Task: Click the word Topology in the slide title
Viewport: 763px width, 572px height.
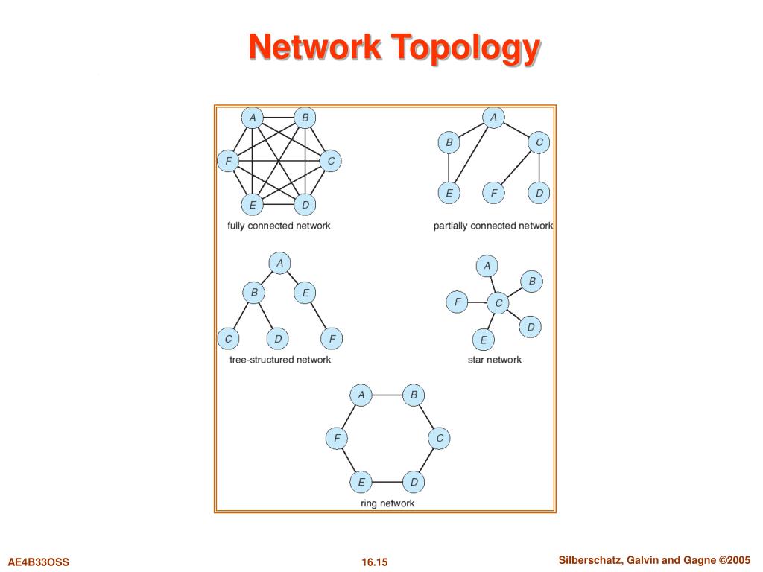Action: (x=466, y=48)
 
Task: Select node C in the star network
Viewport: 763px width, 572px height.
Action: (x=498, y=303)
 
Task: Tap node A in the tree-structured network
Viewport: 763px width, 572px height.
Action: (x=279, y=263)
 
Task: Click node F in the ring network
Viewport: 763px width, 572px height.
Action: (x=336, y=439)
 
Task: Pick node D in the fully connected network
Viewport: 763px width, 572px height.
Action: (x=305, y=204)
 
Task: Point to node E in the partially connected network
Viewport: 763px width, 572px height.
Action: (x=449, y=194)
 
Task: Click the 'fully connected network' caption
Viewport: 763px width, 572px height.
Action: (x=279, y=226)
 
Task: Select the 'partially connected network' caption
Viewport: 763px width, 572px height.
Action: (x=493, y=226)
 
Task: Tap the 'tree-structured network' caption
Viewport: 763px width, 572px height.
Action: (x=280, y=360)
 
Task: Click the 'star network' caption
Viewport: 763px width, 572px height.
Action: (x=495, y=360)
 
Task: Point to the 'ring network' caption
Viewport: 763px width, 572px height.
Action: (x=387, y=503)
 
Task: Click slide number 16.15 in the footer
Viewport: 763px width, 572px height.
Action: (x=376, y=562)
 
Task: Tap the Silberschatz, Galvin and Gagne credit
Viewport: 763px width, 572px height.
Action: (x=653, y=560)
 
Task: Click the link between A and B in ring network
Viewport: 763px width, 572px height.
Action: (x=387, y=395)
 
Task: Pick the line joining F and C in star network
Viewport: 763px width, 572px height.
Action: (x=477, y=303)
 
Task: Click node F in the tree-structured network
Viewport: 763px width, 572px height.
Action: (x=332, y=339)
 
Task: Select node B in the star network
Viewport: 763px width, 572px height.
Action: (x=532, y=282)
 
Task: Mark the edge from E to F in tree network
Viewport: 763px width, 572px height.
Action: (x=319, y=317)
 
